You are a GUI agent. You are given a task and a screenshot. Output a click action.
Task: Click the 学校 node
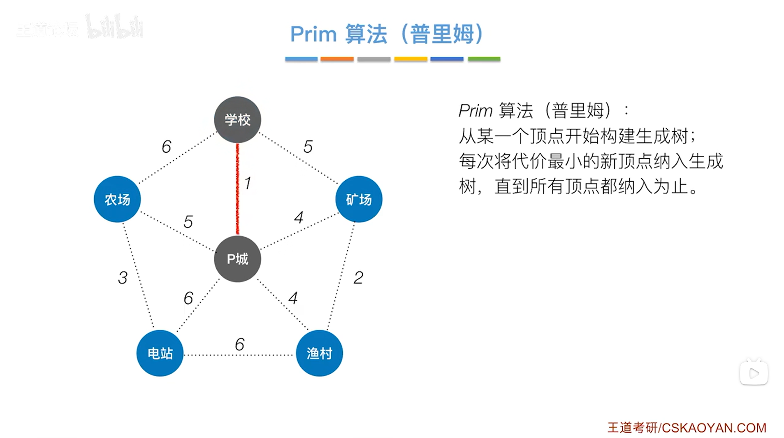click(237, 120)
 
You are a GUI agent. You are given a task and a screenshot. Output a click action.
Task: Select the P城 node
click(237, 259)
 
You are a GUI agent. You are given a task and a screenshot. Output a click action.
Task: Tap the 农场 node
click(117, 199)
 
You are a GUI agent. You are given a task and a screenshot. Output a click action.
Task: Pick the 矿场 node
click(359, 199)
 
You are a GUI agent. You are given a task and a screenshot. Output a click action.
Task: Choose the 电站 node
click(160, 353)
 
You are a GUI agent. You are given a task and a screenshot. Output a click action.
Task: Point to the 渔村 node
click(319, 353)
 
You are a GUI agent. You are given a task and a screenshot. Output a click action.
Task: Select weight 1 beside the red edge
click(248, 183)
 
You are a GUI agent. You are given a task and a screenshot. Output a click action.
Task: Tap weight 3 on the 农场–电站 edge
click(123, 278)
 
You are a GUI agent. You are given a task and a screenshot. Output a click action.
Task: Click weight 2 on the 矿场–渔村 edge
click(358, 278)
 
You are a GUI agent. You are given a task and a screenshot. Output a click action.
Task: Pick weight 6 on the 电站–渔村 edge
click(239, 344)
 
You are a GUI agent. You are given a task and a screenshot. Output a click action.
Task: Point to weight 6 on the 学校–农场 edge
click(166, 147)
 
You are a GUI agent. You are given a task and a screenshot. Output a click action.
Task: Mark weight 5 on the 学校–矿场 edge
click(308, 147)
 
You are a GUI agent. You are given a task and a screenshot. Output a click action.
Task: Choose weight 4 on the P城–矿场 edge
click(299, 217)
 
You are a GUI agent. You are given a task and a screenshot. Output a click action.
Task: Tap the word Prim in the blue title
click(313, 34)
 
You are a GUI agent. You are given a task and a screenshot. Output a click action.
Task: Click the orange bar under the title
click(337, 59)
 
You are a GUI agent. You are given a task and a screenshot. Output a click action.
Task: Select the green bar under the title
click(484, 59)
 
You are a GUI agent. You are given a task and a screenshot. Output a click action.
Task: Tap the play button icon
click(754, 373)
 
